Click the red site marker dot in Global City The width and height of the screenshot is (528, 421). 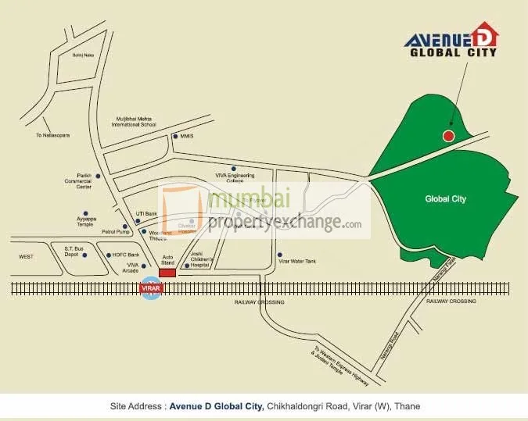click(448, 136)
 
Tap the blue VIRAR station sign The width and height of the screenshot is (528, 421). click(149, 288)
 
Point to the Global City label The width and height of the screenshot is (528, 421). click(445, 199)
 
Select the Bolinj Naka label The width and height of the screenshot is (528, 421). click(84, 55)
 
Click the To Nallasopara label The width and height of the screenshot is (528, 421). click(53, 135)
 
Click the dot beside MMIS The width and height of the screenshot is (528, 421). click(175, 137)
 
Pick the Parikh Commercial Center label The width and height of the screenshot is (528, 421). click(84, 181)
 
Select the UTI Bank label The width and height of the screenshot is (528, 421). click(146, 213)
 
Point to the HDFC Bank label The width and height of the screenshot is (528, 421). click(125, 255)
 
